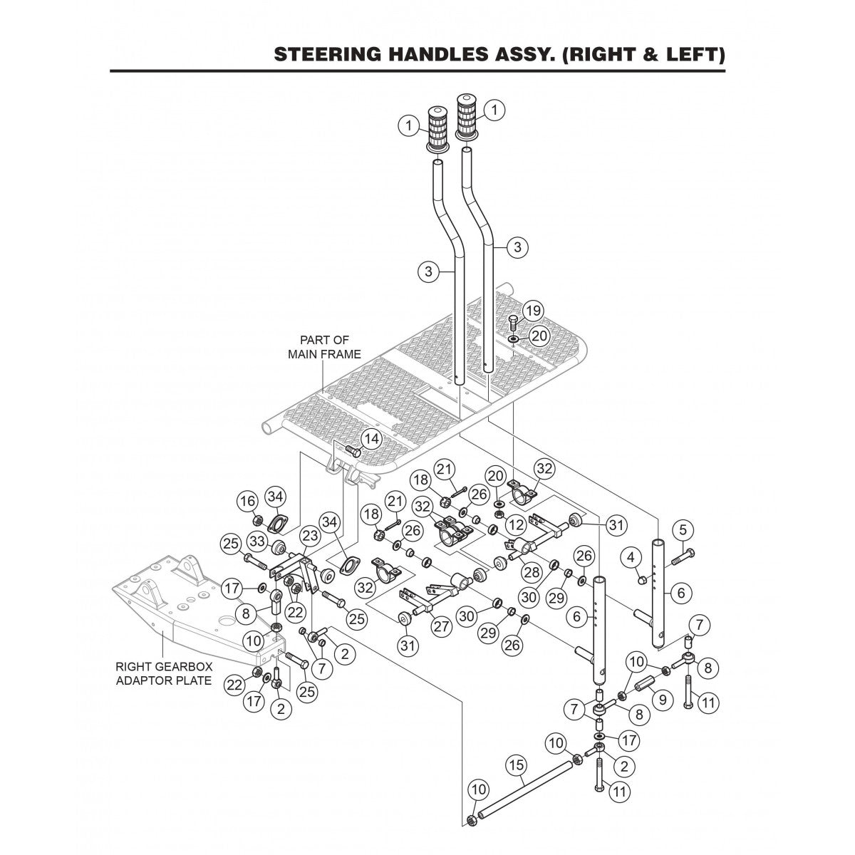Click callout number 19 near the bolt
[x=533, y=311]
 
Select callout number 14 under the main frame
[x=370, y=439]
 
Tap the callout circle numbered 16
[x=247, y=502]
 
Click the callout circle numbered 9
[x=662, y=700]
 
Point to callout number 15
[x=517, y=765]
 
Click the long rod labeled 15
[x=524, y=791]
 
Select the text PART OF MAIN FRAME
[x=324, y=347]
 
